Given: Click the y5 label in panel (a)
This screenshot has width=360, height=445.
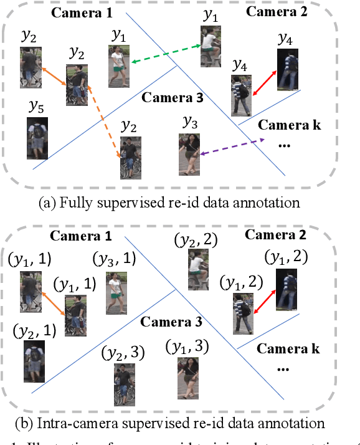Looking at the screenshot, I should pyautogui.click(x=36, y=108).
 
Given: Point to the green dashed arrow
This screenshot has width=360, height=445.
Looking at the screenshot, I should pyautogui.click(x=166, y=54).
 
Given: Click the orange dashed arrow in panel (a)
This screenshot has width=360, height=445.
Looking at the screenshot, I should pyautogui.click(x=105, y=122).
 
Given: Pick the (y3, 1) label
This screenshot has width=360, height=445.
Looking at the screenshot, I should pyautogui.click(x=111, y=258).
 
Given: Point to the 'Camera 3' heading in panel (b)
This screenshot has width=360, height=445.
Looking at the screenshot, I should pyautogui.click(x=171, y=322).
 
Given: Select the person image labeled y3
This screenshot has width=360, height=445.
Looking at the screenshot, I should pyautogui.click(x=189, y=152).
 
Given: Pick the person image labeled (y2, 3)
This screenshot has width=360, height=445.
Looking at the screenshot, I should pyautogui.click(x=123, y=384).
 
